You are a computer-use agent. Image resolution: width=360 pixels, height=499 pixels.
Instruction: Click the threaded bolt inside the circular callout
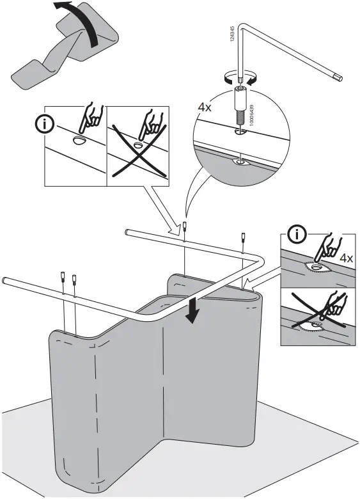(x=239, y=114)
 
